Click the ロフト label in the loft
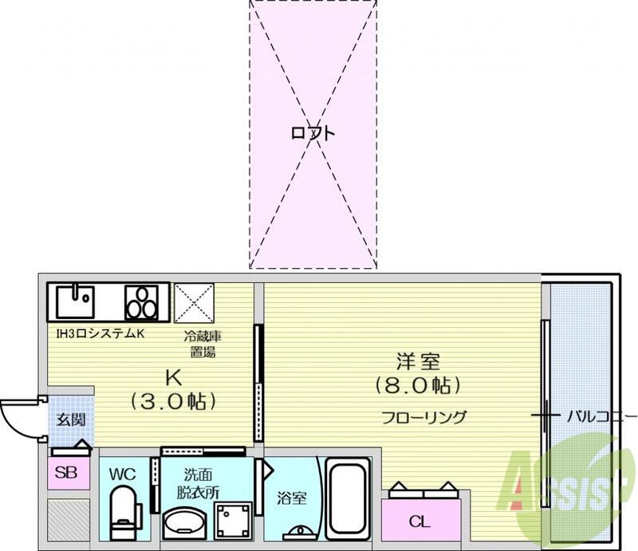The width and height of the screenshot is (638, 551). [x=313, y=133]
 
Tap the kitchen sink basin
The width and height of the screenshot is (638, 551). [x=75, y=301]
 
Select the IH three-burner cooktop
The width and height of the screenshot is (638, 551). [x=141, y=303]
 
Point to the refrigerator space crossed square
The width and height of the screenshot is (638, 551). [x=194, y=303]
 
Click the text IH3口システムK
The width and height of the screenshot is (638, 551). [x=100, y=334]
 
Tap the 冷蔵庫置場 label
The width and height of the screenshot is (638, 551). [x=203, y=344]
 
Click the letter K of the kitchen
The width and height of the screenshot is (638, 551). [x=173, y=379]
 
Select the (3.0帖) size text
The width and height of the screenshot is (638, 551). [x=172, y=402]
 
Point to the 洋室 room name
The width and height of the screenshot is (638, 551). [x=418, y=362]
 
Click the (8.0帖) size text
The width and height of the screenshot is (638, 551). [x=418, y=385]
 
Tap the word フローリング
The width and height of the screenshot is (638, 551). [x=423, y=418]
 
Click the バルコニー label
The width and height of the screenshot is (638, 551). [x=601, y=416]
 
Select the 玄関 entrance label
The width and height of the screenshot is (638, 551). [x=71, y=419]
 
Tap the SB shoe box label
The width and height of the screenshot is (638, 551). [x=66, y=473]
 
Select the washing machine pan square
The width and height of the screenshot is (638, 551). [x=233, y=521]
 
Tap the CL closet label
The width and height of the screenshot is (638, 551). [x=419, y=521]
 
